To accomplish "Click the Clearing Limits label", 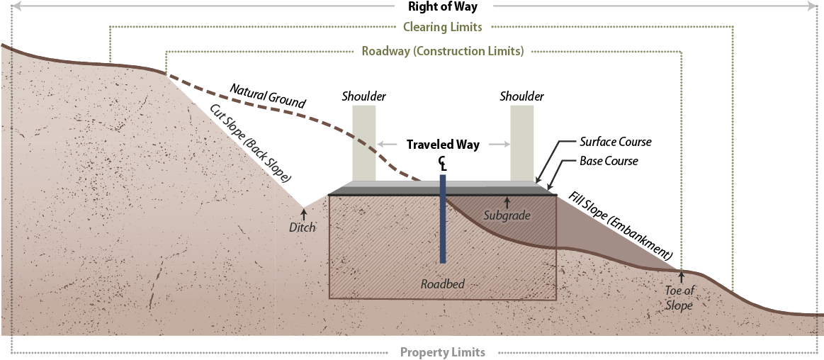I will (442, 27).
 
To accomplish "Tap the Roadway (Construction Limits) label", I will (442, 52).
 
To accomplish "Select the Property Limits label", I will (442, 352).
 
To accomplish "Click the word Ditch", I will (302, 227).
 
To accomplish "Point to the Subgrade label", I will (507, 215).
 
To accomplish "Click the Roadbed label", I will (442, 284).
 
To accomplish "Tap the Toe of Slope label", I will (679, 297).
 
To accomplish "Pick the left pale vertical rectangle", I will (364, 142).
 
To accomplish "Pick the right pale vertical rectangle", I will (522, 142).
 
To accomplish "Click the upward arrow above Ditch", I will (304, 214).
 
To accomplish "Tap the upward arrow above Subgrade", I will (507, 203).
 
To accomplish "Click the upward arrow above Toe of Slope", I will (681, 277).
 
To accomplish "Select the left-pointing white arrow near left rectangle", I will (387, 145).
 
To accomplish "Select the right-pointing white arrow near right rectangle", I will (499, 145).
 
